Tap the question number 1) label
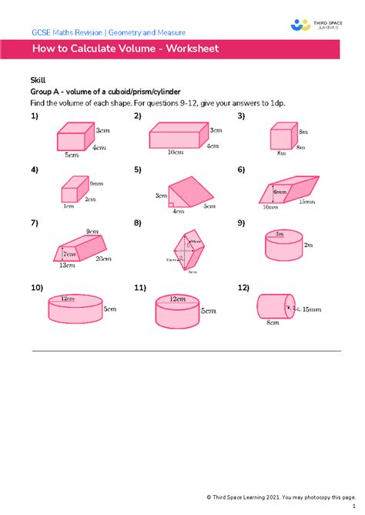[x=35, y=116]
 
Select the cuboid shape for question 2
[x=176, y=137]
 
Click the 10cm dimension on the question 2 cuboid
[x=177, y=152]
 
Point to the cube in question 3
[x=282, y=139]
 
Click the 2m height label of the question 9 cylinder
[x=308, y=245]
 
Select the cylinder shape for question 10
[x=73, y=309]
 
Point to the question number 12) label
[x=244, y=288]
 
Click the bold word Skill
[x=38, y=80]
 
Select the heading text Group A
[x=49, y=91]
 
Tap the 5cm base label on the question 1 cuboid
[x=71, y=154]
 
